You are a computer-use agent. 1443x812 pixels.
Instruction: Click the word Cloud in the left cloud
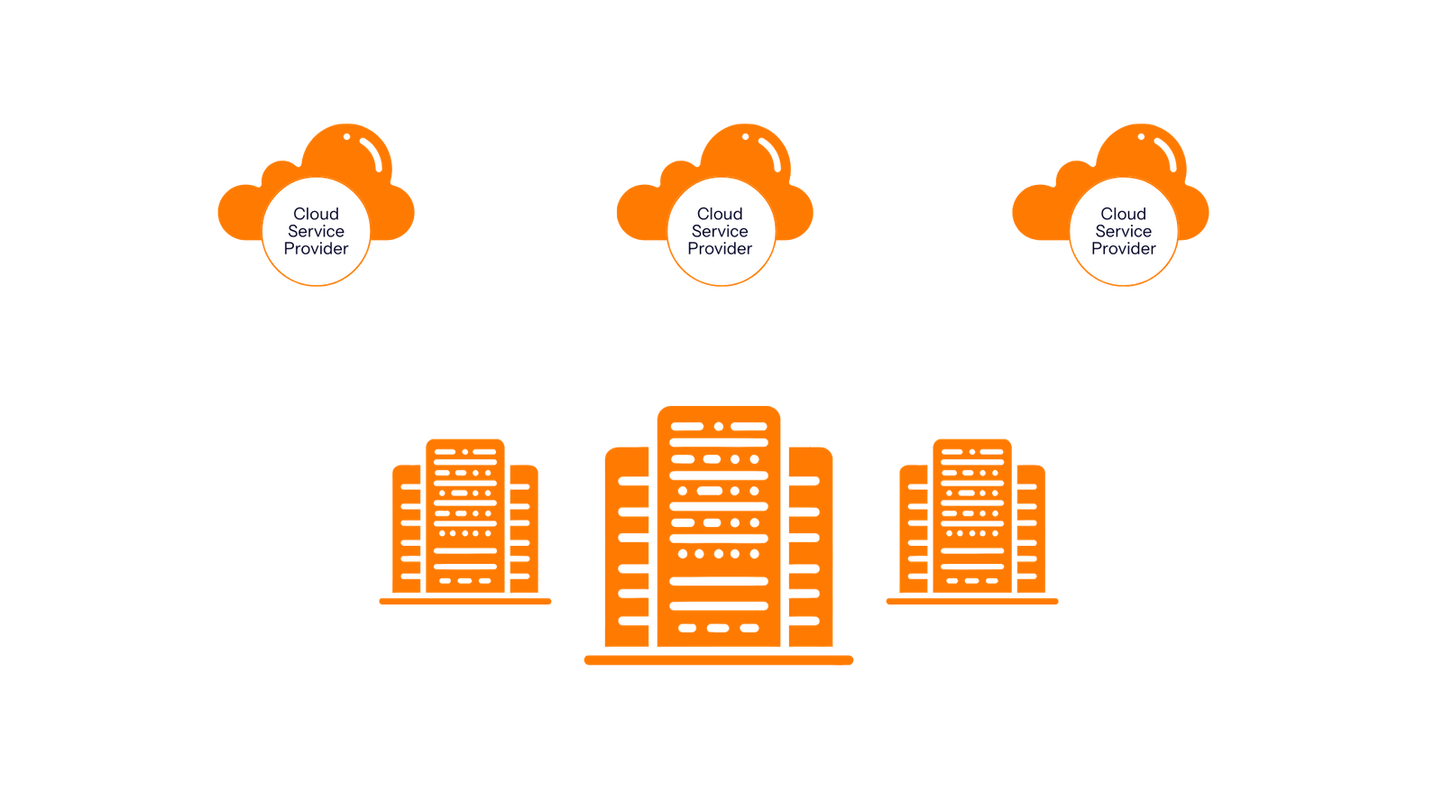tap(316, 213)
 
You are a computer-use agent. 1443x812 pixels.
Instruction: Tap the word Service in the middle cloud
tap(720, 231)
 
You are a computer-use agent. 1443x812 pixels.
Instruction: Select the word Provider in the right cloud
tap(1124, 249)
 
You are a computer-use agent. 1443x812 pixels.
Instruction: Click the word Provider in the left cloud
tap(316, 249)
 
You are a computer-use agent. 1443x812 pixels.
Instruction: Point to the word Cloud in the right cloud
tap(1124, 213)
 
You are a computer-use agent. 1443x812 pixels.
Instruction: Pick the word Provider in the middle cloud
tap(720, 249)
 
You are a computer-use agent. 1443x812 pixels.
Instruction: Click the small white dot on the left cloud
tap(346, 136)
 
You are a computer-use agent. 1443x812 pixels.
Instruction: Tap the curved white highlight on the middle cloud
tap(772, 154)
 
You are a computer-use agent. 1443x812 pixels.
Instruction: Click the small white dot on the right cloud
tap(1141, 136)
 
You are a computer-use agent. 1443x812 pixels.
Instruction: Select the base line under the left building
tap(465, 601)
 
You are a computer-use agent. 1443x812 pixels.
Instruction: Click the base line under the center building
tap(719, 660)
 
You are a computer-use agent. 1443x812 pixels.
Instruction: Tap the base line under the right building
tap(972, 601)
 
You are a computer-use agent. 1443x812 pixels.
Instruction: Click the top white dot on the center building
tap(719, 427)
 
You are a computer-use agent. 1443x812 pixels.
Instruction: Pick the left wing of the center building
tap(627, 547)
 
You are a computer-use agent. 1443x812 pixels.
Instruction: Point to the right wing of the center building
tap(811, 547)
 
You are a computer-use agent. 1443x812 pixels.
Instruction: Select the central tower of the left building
tap(465, 515)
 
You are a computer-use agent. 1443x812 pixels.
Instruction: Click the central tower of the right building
tap(972, 515)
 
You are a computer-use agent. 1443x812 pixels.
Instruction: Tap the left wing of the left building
tap(407, 529)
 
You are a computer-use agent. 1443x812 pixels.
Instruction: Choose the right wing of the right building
tap(1032, 529)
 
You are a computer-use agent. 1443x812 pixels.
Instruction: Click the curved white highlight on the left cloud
tap(373, 154)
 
